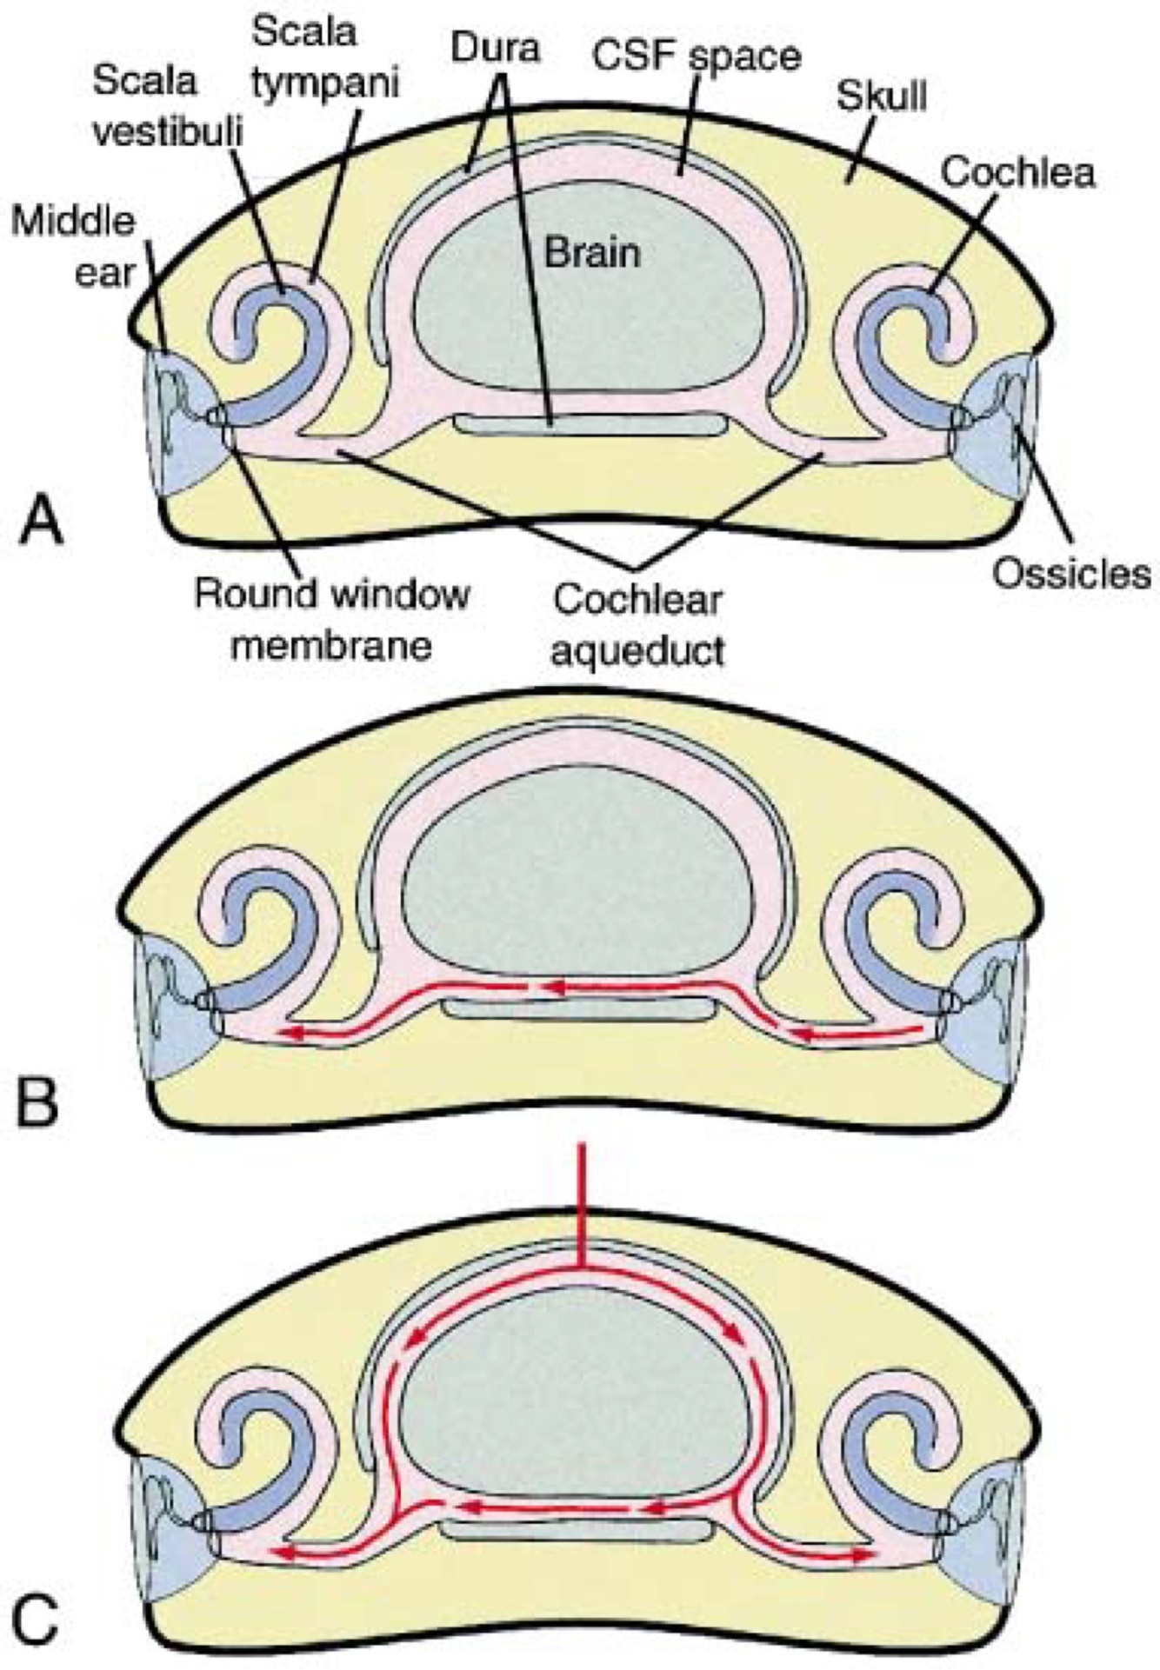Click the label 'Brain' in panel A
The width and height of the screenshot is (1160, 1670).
coord(592,253)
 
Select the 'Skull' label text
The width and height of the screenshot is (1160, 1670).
coord(881,96)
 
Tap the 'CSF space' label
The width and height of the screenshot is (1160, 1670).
coord(696,56)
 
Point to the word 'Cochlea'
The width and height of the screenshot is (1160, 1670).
coord(1017,172)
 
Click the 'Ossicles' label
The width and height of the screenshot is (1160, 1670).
coord(1071,573)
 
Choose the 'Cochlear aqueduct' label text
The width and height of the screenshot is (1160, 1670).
coord(637,624)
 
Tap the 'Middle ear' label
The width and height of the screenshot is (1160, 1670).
coord(73,247)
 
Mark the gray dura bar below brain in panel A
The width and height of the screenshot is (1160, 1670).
coord(591,425)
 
